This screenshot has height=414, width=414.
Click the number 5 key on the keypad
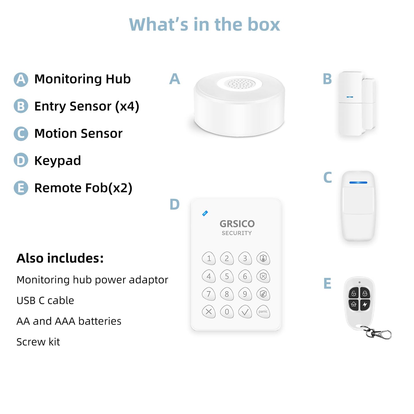tap(227, 276)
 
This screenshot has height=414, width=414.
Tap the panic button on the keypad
tap(263, 312)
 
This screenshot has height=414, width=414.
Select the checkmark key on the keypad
tap(245, 312)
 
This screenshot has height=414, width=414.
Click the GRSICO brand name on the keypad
tap(237, 224)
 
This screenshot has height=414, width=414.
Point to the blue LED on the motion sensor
tap(358, 183)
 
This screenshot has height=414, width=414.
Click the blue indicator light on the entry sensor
tap(350, 97)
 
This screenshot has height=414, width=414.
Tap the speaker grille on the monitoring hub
tap(240, 84)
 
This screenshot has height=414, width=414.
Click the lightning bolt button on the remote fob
tap(365, 304)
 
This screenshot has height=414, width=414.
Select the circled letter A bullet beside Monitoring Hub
tap(21, 79)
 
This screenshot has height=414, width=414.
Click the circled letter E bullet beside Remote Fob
tap(21, 188)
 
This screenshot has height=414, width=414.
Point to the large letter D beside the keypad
tap(174, 205)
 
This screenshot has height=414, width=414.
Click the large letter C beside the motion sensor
tap(327, 177)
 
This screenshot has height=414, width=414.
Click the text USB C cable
tap(45, 301)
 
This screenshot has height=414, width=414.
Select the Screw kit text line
tap(38, 342)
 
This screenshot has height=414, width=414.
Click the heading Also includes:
tap(60, 258)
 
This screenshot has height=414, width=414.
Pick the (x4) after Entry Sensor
tap(127, 106)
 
